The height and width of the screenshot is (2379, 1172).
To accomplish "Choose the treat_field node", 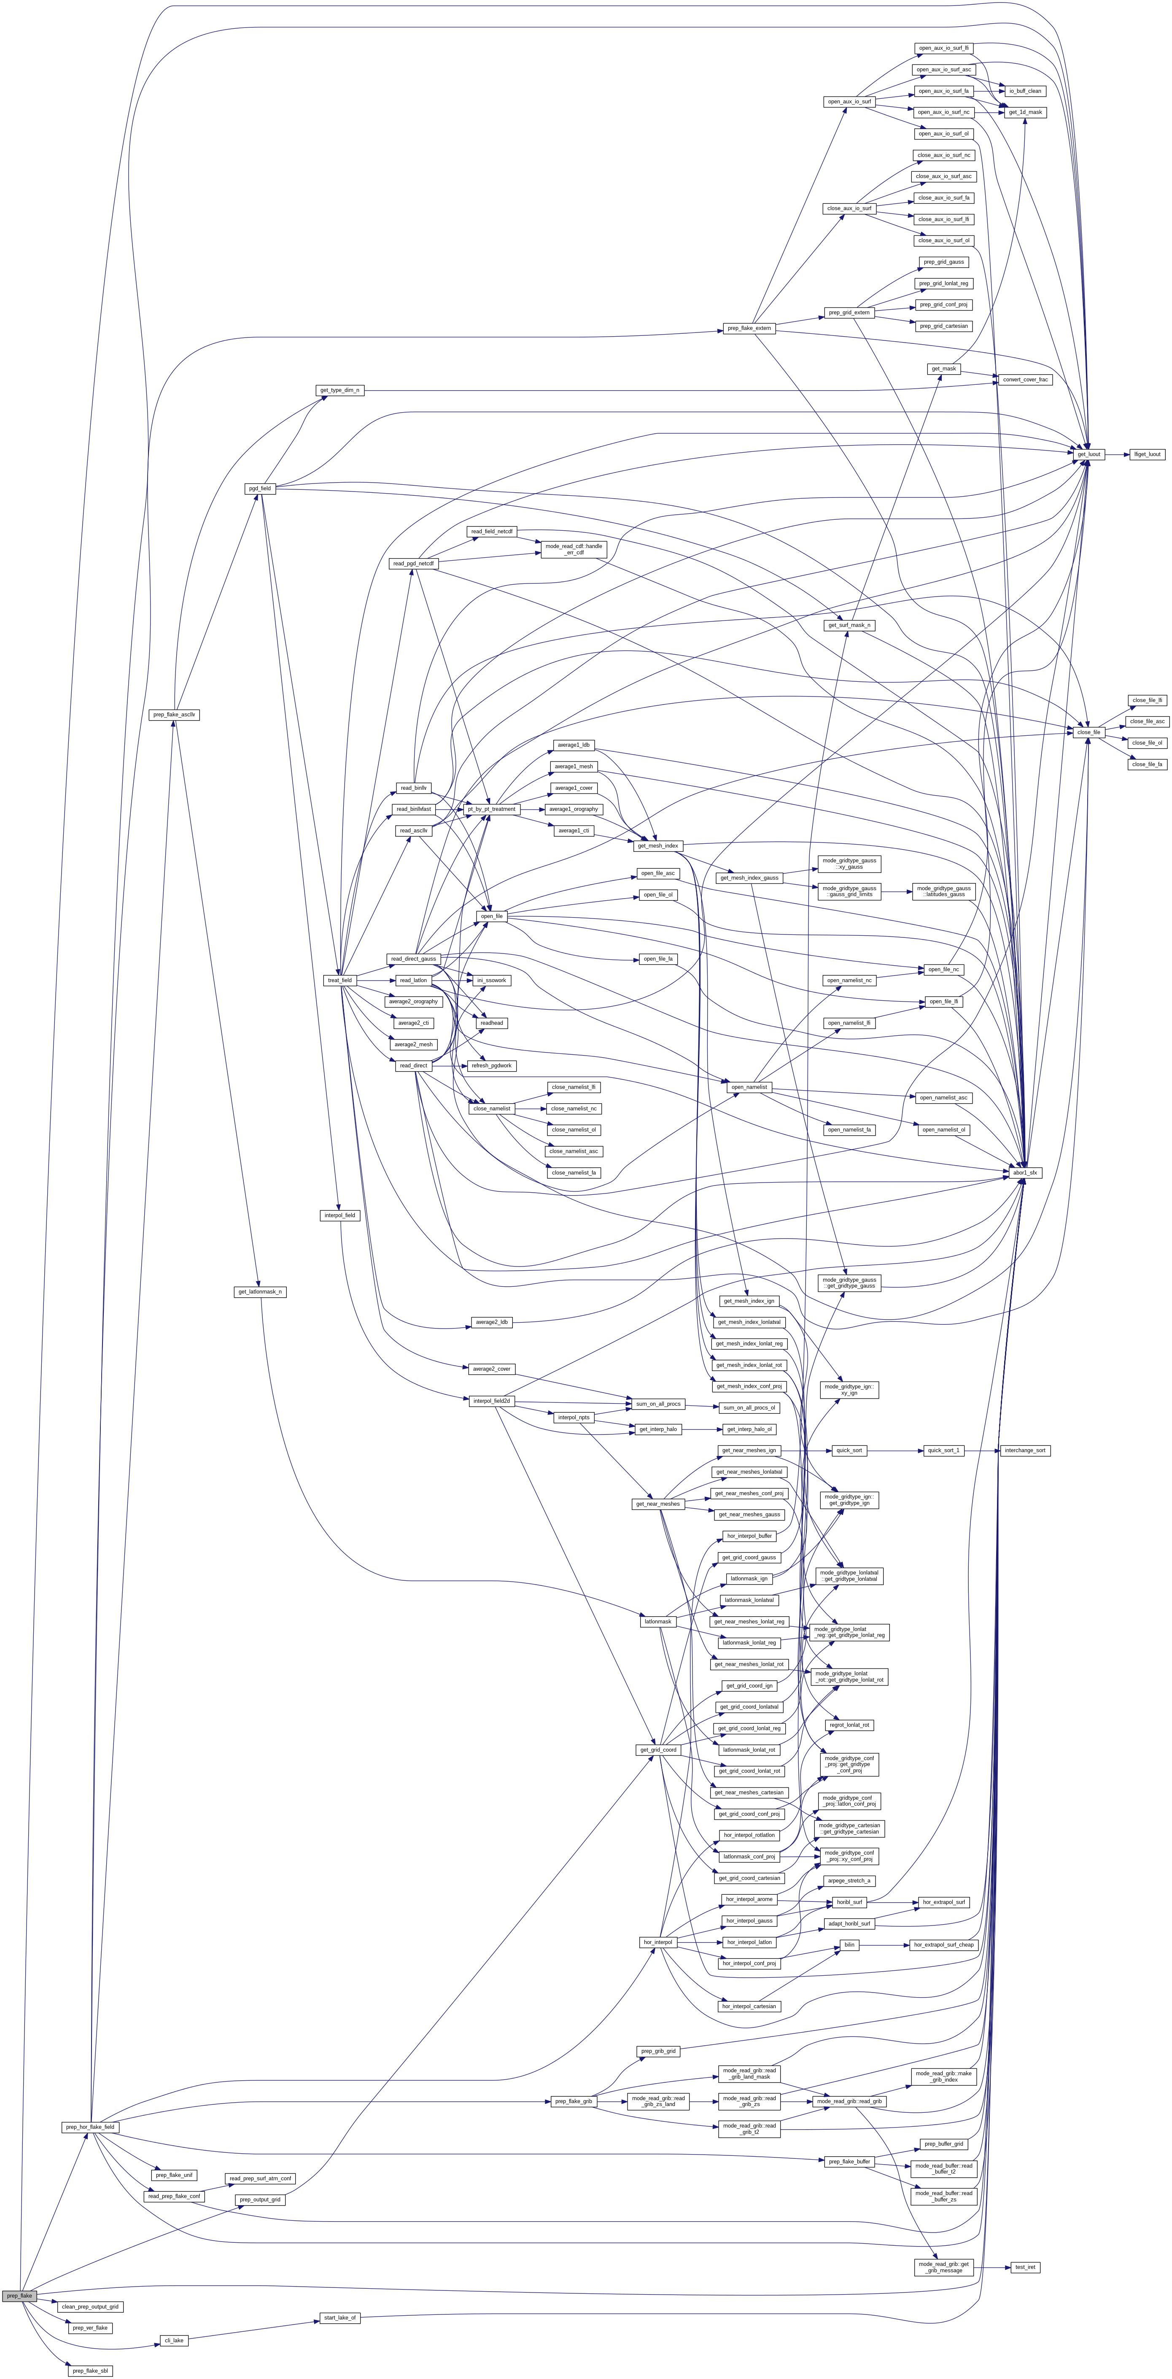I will tap(340, 980).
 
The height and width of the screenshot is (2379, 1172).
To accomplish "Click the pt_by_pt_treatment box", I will tap(491, 809).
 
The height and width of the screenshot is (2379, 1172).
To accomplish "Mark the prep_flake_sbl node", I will tap(91, 2371).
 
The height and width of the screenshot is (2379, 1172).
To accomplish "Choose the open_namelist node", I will tap(749, 1087).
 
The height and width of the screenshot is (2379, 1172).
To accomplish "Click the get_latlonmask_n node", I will tap(259, 1292).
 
